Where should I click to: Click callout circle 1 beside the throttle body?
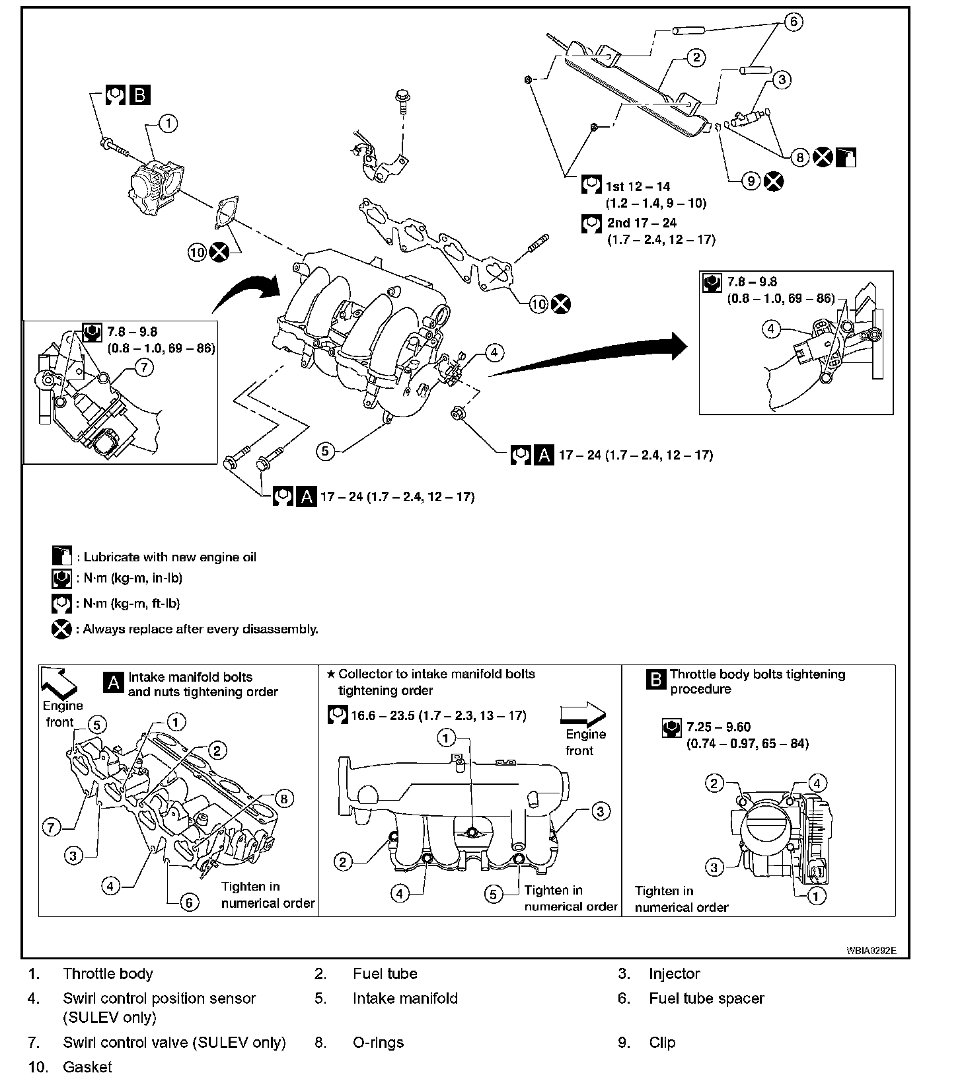pyautogui.click(x=168, y=124)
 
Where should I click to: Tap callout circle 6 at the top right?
pyautogui.click(x=794, y=22)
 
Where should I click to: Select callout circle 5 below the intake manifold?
pyautogui.click(x=325, y=452)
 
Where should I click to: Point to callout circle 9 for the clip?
pyautogui.click(x=751, y=180)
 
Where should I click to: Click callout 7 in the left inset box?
pyautogui.click(x=144, y=367)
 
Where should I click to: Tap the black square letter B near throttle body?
pyautogui.click(x=139, y=96)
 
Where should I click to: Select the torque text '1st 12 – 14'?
pyautogui.click(x=638, y=187)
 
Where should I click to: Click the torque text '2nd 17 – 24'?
pyautogui.click(x=642, y=223)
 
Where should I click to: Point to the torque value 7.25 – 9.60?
pyautogui.click(x=718, y=727)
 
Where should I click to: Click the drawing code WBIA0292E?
pyautogui.click(x=871, y=951)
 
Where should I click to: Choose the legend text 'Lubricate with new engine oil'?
pyautogui.click(x=170, y=557)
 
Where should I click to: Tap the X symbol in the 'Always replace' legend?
pyautogui.click(x=61, y=629)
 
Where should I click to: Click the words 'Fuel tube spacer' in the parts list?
pyautogui.click(x=706, y=998)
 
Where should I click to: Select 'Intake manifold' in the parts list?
pyautogui.click(x=405, y=998)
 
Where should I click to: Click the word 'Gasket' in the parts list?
pyautogui.click(x=87, y=1067)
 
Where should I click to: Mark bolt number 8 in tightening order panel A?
pyautogui.click(x=283, y=799)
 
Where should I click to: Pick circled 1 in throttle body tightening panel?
pyautogui.click(x=817, y=896)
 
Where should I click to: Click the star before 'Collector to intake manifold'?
pyautogui.click(x=331, y=674)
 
